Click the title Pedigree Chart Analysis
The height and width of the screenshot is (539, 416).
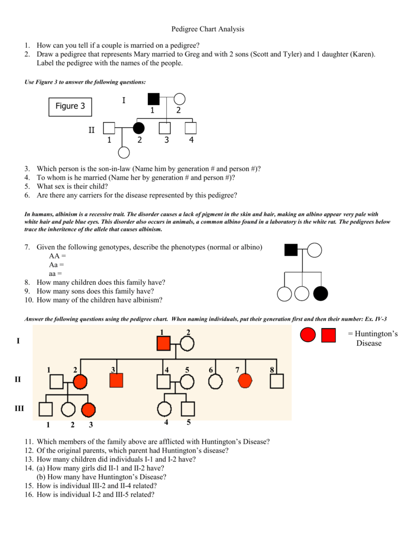pos(208,29)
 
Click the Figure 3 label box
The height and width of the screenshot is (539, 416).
pos(70,106)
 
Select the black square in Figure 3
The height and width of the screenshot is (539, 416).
pos(154,99)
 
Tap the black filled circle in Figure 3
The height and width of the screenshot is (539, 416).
pos(138,128)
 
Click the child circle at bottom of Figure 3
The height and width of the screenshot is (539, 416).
pos(124,152)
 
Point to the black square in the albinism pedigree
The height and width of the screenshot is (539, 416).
pos(291,250)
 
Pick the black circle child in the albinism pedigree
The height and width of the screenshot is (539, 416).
pos(320,294)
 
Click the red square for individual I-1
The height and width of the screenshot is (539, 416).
pos(164,343)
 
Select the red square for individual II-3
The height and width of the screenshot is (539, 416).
pos(116,381)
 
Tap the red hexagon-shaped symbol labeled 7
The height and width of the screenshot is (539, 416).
pos(245,381)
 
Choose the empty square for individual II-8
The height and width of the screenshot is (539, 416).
pos(277,381)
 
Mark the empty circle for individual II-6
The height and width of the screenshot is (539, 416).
pos(216,382)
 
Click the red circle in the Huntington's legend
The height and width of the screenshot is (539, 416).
pos(308,335)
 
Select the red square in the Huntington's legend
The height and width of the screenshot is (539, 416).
pos(329,335)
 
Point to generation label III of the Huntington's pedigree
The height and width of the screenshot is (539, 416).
pos(19,408)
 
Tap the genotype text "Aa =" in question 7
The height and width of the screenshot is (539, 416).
pos(56,265)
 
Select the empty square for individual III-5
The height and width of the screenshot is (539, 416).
pos(188,409)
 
